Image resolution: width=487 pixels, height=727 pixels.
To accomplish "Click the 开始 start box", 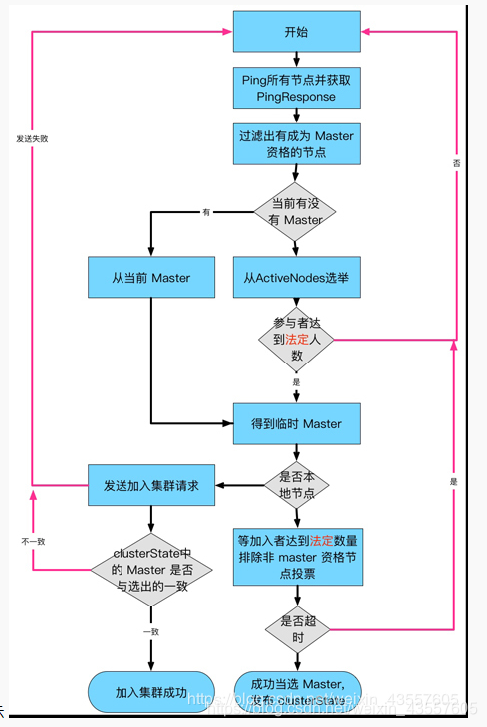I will (296, 32).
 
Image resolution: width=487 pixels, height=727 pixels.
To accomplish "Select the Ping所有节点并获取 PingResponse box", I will (296, 88).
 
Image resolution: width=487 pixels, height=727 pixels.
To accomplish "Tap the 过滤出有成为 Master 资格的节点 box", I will (296, 144).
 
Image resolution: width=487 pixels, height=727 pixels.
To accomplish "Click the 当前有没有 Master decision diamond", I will (296, 211).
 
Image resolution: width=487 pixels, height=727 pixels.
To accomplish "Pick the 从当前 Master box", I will (150, 277).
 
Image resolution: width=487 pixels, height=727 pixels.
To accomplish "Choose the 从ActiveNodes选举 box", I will (296, 277).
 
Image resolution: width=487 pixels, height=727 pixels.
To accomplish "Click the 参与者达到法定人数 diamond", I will (296, 339).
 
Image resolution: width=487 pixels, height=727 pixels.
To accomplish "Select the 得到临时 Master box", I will (296, 423).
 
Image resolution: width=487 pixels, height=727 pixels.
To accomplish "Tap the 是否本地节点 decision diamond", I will (296, 484).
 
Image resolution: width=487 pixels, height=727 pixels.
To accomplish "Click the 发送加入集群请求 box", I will (150, 485).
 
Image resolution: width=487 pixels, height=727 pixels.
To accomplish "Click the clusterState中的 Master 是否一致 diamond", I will (150, 571).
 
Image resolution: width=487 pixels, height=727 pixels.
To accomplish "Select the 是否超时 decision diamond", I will (296, 628).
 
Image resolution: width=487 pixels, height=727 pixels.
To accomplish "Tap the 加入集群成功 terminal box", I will (150, 692).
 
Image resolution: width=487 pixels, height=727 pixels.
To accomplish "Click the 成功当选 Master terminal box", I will (296, 690).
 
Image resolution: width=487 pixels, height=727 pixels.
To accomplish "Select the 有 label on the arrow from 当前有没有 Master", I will (206, 211).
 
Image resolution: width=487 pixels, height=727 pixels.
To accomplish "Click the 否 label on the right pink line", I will (456, 161).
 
